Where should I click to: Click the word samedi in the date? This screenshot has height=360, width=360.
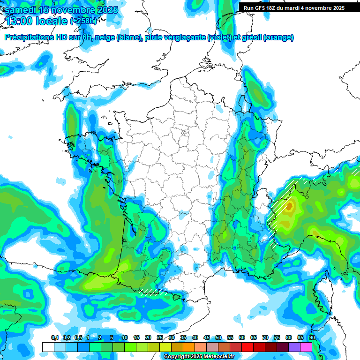coord(21,10)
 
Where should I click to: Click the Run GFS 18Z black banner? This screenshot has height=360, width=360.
coord(299,8)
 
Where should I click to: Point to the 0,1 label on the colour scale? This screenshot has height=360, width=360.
coord(55,338)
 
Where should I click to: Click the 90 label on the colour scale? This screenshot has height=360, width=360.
coord(312,338)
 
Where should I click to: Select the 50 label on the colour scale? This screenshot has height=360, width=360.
coord(218,338)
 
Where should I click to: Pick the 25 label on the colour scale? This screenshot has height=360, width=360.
coord(160,338)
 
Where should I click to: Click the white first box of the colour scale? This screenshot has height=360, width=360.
coord(48,347)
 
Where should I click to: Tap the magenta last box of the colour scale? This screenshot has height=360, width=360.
coord(306,347)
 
